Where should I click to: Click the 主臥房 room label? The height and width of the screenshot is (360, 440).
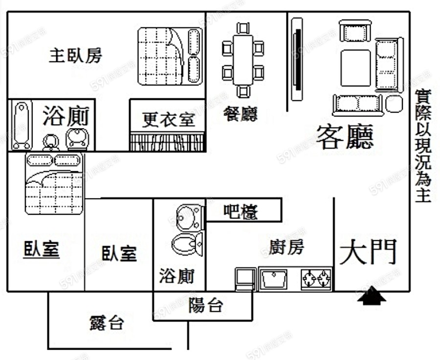76,56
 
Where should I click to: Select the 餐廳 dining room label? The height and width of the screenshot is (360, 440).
240,113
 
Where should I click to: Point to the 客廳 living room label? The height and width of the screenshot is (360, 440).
345,136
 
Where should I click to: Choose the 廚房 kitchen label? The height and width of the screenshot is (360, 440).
286,247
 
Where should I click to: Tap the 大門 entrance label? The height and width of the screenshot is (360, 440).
367,252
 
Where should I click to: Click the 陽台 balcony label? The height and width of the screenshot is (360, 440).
206,306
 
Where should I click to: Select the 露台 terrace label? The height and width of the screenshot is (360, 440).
107,323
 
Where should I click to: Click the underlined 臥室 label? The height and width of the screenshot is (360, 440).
42,249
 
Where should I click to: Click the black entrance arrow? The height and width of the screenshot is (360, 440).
372,296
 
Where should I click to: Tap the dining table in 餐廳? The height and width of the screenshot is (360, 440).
243,60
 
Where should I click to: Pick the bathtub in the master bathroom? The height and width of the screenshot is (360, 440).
21,125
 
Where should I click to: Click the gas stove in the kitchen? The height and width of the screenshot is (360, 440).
316,279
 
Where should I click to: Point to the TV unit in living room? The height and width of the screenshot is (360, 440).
297,59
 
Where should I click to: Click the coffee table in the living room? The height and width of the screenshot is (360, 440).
355,67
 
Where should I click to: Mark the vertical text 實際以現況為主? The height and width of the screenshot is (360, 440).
421,145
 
